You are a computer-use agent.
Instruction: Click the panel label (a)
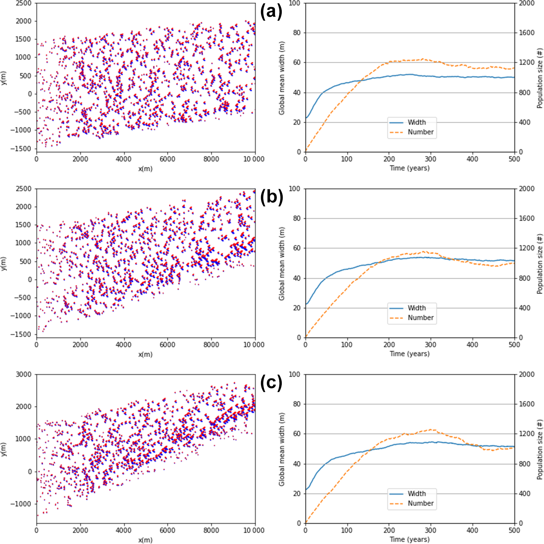(271, 12)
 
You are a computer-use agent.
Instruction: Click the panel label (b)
(272, 197)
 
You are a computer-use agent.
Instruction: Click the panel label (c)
(271, 383)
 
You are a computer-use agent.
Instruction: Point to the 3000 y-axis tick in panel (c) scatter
(24, 374)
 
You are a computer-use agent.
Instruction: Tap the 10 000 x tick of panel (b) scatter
(254, 345)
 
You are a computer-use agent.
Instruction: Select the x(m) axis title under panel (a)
(145, 169)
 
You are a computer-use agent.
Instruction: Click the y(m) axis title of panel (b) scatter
(4, 264)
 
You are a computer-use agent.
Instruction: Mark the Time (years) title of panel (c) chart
(410, 539)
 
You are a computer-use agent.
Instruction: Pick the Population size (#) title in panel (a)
(540, 78)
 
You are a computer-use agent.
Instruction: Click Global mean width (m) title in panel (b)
(281, 264)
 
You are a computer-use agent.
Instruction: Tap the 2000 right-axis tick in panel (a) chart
(527, 3)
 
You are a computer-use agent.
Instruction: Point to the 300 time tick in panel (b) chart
(430, 345)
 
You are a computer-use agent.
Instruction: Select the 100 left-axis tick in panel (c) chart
(294, 374)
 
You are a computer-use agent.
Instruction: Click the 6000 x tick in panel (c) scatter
(167, 530)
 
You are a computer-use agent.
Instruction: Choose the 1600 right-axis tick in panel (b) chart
(527, 218)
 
